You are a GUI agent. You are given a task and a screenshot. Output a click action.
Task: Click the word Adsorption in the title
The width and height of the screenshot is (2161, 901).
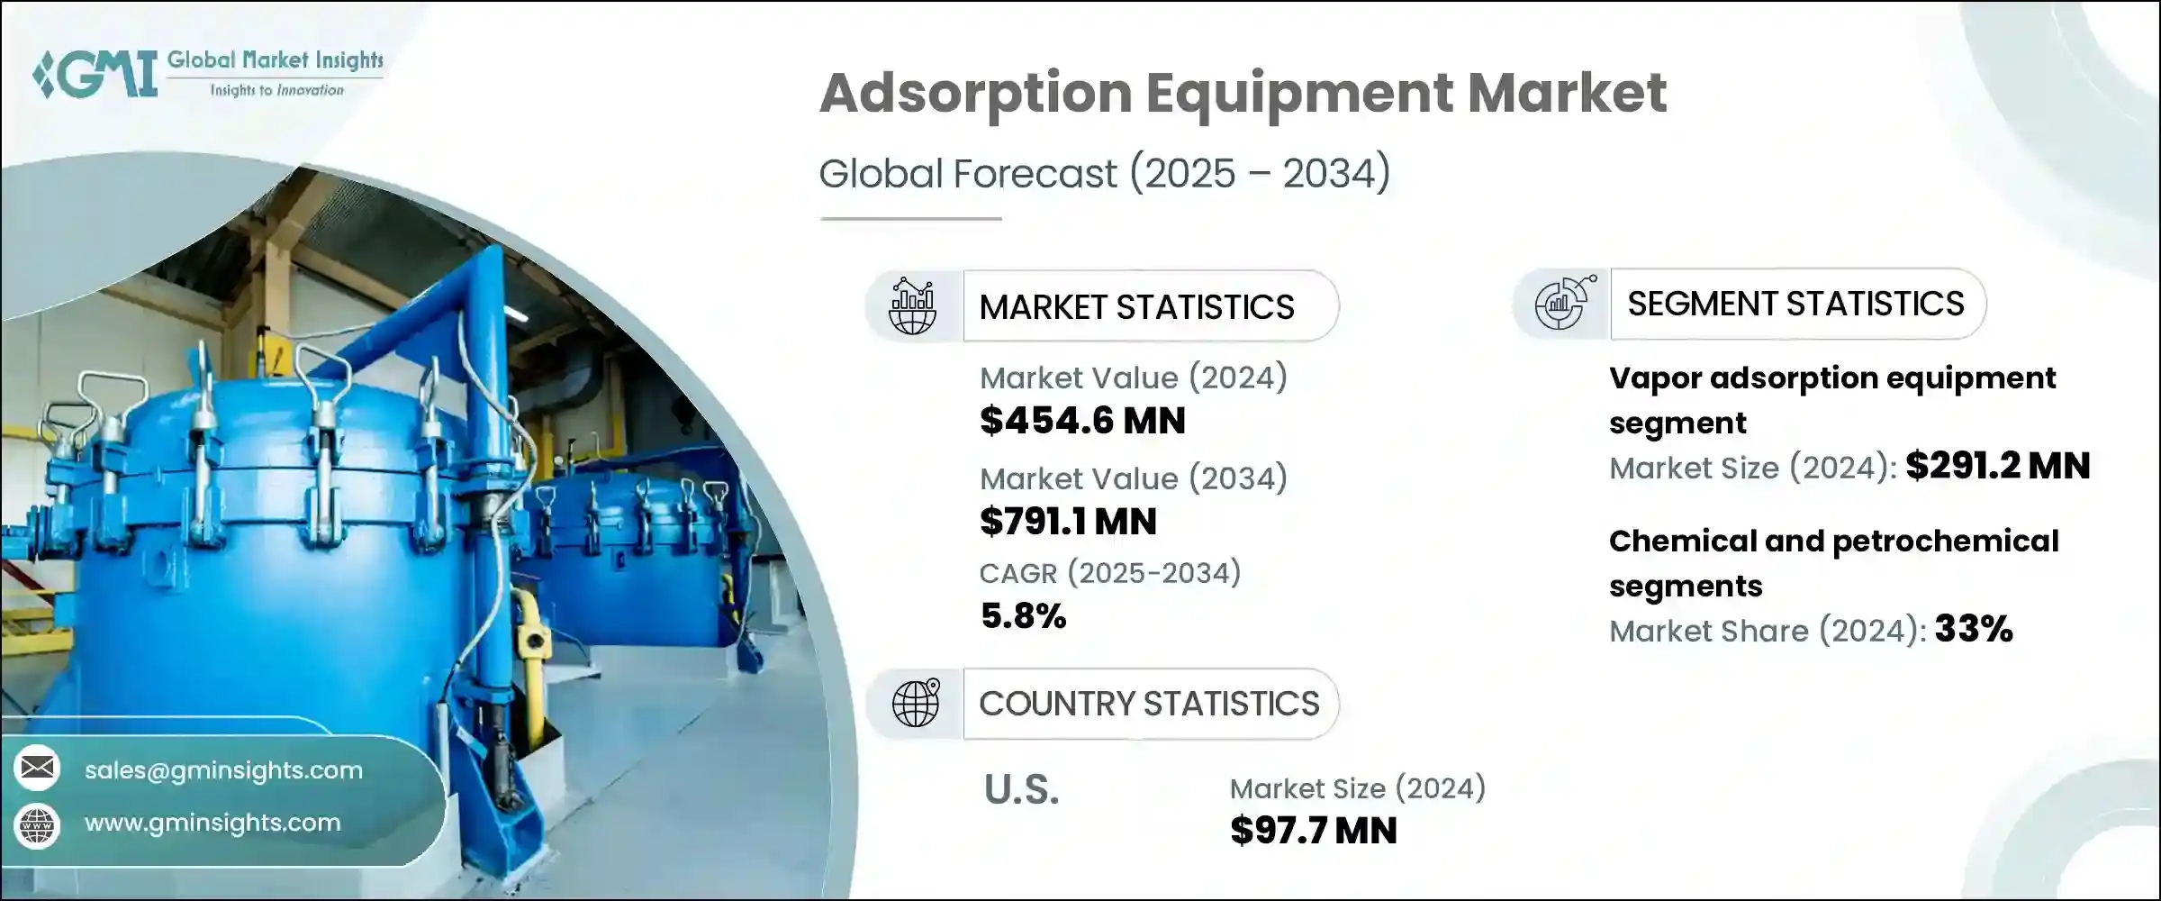coord(975,93)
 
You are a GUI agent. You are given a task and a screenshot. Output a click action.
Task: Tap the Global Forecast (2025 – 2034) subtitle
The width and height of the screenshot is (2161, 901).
coord(1104,173)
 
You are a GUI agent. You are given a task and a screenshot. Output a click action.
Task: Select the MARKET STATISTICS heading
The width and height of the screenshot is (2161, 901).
coord(1136,307)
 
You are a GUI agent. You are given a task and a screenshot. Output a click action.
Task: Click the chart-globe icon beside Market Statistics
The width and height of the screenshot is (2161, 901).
coord(912,306)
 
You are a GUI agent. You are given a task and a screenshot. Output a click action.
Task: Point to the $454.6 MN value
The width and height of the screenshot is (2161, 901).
coord(1082,421)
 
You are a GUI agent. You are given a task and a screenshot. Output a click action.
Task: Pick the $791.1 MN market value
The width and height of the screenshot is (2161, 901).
coord(1068,522)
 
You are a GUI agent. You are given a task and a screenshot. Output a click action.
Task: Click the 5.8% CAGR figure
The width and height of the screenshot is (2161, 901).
coord(1023,616)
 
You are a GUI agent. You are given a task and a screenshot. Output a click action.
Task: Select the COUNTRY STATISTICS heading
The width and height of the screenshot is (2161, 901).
coord(1149,704)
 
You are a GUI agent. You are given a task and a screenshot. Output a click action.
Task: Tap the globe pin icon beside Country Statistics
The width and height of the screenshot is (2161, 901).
coord(915,704)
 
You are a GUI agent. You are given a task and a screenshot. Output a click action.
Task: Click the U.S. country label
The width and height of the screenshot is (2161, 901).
coord(1021,790)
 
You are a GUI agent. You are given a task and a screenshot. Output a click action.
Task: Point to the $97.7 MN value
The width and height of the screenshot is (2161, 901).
coord(1313,831)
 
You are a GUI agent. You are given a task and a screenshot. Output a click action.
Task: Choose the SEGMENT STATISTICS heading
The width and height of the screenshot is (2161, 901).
coord(1795,305)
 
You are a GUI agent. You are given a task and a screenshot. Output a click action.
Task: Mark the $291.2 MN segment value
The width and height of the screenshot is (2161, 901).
coord(1997,466)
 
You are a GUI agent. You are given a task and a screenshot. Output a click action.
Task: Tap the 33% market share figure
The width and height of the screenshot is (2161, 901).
coord(1973,629)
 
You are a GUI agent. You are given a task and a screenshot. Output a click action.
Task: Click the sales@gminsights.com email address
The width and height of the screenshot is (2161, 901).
coord(223,770)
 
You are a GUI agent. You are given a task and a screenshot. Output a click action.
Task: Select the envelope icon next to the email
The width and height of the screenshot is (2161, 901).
coord(37,769)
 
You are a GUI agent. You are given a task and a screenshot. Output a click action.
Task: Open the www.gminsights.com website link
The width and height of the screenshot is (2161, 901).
coord(212,823)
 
